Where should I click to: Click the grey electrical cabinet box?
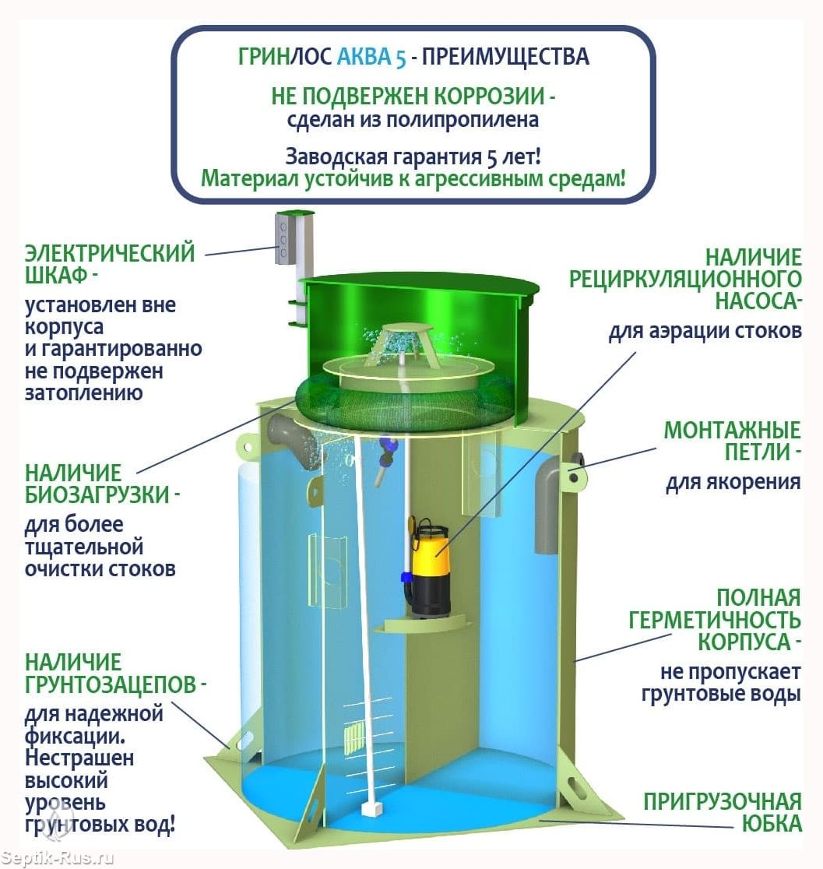click(285, 238)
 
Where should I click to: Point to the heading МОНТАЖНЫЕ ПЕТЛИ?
click(732, 441)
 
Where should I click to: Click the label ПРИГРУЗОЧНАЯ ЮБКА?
click(722, 812)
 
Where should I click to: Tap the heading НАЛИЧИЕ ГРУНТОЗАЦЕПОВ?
click(115, 674)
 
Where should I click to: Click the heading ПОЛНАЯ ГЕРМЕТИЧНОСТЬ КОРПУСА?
click(715, 620)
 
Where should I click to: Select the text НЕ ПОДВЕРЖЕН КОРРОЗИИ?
click(413, 97)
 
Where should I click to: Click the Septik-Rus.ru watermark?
click(58, 858)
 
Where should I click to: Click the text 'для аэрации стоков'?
click(705, 331)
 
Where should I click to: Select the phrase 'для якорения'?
click(733, 482)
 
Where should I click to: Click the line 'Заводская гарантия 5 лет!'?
click(413, 156)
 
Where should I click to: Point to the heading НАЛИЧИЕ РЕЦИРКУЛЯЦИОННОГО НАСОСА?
click(685, 278)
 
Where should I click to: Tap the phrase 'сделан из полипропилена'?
click(413, 120)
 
